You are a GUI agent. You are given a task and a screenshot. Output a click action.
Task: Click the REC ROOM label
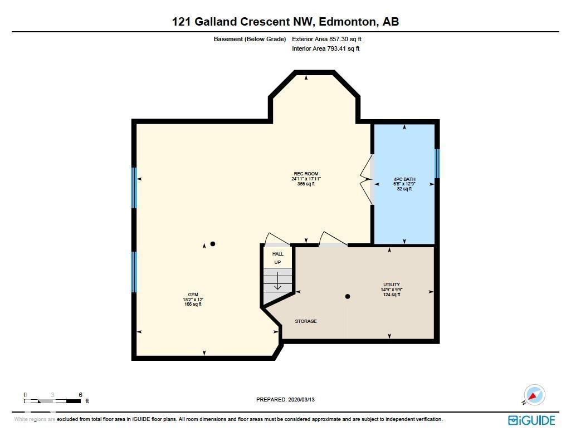(x=306, y=174)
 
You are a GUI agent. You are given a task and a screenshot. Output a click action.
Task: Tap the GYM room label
(x=193, y=295)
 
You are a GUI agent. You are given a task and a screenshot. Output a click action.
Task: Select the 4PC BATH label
(x=404, y=179)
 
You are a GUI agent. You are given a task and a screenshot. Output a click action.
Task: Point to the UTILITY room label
(x=391, y=285)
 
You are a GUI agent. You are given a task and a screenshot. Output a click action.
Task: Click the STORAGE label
(x=306, y=321)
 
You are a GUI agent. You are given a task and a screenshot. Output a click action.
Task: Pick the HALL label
(x=277, y=254)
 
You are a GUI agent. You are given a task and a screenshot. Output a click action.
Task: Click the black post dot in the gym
(x=212, y=244)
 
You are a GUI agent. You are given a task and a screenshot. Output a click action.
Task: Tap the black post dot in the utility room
(x=348, y=296)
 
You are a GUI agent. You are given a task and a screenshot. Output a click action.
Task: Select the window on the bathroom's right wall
(x=437, y=163)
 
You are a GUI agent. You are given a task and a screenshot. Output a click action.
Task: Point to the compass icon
(x=534, y=395)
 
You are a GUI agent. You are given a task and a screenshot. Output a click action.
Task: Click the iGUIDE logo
(x=531, y=420)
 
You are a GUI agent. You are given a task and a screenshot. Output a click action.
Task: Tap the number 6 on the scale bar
(x=81, y=395)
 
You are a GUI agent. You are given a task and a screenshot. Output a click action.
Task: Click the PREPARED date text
(x=289, y=399)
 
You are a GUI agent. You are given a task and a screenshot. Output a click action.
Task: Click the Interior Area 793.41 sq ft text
(x=326, y=48)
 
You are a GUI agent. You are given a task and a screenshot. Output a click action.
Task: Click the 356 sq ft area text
(x=306, y=184)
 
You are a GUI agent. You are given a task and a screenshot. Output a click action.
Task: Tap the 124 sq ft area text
(x=391, y=295)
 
